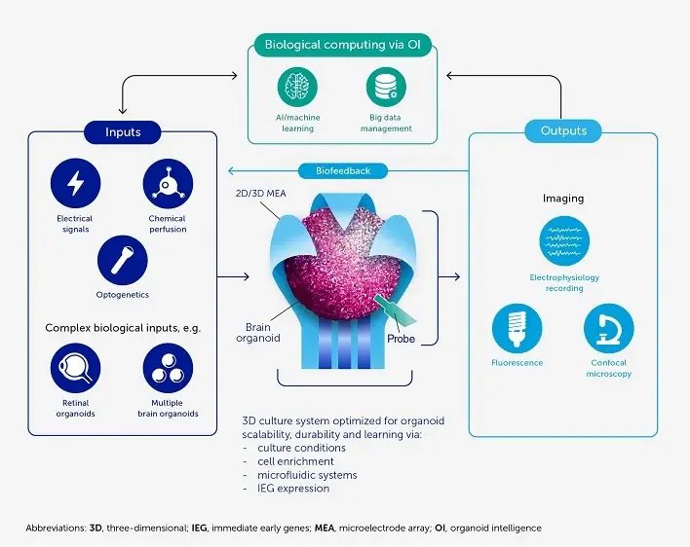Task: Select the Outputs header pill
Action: (x=562, y=130)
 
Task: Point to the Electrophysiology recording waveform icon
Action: (x=564, y=240)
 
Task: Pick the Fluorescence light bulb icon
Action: (x=517, y=329)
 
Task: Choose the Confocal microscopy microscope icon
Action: (x=609, y=329)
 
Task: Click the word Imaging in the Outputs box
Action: (x=563, y=199)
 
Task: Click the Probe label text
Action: (x=402, y=339)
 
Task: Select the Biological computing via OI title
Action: (x=343, y=44)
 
